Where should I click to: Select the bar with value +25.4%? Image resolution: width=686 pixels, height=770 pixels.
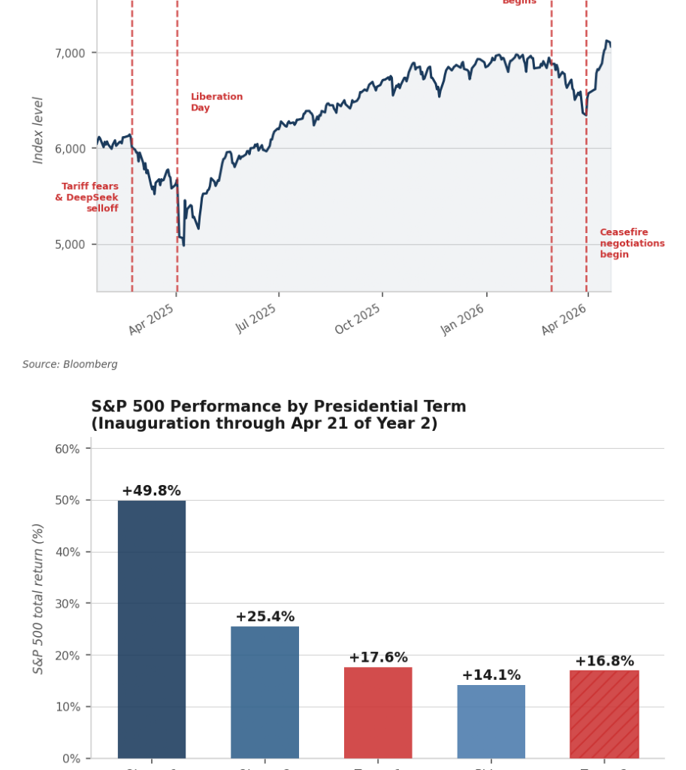point(264,692)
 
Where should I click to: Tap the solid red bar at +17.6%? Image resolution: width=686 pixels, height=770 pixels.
point(378,712)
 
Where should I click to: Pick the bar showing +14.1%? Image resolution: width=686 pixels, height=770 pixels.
point(491,721)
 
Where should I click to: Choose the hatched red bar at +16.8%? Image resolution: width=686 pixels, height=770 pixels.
point(604,714)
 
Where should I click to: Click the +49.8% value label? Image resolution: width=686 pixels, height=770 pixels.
point(151,491)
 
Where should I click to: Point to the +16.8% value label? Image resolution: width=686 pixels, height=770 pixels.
point(604,661)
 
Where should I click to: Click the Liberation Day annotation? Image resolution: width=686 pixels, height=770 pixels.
point(216,102)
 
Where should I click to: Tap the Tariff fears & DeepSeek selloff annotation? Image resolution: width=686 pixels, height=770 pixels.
point(87,198)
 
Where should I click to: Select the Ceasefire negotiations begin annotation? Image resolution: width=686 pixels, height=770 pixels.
point(631,244)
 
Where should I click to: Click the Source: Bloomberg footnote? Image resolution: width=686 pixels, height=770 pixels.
point(70,365)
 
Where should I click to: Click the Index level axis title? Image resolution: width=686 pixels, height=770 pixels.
point(39,130)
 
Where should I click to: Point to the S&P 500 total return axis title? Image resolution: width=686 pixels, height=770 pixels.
point(39,598)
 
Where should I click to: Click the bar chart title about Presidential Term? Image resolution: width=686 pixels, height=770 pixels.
point(278,415)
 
